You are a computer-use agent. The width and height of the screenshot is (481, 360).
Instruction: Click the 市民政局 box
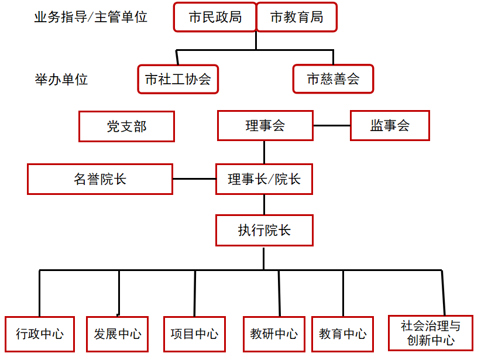[215, 17]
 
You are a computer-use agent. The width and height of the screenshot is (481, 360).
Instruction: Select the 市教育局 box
[297, 17]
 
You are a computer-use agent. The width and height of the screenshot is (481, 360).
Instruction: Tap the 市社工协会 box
[178, 79]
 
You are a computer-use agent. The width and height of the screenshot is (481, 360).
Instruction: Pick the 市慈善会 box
[333, 79]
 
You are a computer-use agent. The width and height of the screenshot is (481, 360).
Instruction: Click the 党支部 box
[127, 126]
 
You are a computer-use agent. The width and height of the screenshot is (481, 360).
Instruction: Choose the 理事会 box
[265, 125]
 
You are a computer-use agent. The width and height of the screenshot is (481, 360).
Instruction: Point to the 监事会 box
[390, 125]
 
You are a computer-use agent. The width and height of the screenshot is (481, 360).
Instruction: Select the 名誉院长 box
[100, 179]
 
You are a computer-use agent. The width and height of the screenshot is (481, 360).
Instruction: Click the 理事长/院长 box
[264, 179]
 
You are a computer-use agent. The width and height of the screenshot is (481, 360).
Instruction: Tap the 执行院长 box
[264, 231]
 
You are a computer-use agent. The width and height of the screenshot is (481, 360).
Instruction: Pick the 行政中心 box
[40, 334]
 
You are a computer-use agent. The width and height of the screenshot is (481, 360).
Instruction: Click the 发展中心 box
[118, 334]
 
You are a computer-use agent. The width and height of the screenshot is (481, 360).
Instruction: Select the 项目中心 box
[194, 334]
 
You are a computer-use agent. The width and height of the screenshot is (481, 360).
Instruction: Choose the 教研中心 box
[274, 334]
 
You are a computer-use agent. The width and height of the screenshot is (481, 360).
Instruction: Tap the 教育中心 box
[343, 334]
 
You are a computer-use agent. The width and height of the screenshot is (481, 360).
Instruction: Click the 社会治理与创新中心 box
[431, 333]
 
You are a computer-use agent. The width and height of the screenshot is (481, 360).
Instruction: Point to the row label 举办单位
[61, 80]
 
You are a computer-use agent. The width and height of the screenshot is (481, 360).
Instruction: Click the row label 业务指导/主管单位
[91, 17]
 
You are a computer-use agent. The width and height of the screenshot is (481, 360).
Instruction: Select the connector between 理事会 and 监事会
[332, 125]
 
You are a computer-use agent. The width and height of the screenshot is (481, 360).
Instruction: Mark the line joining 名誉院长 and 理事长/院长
[194, 179]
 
